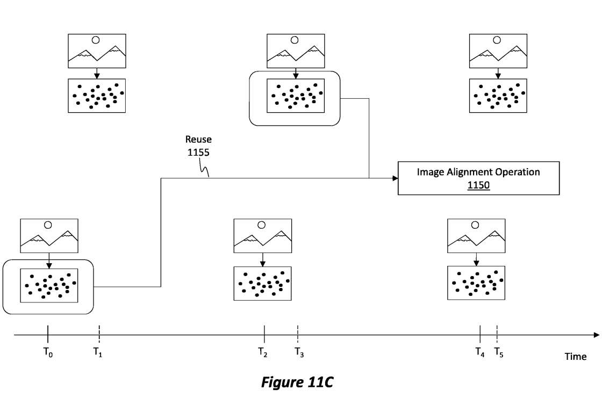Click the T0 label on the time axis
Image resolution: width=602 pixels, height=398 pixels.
(x=48, y=353)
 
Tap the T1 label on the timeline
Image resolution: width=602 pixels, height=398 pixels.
(x=98, y=352)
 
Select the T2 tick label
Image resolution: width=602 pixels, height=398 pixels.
(x=263, y=352)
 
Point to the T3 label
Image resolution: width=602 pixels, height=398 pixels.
(x=299, y=352)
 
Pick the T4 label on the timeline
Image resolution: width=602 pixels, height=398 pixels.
(x=479, y=352)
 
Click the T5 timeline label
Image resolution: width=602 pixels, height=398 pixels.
(x=499, y=353)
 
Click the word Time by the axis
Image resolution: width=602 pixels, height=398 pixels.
(x=575, y=357)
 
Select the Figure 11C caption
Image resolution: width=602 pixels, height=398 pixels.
(x=297, y=382)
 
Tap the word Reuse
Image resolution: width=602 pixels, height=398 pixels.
(x=198, y=140)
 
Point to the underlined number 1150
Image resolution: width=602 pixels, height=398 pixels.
(x=478, y=185)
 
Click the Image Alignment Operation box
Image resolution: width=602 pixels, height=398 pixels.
(x=478, y=178)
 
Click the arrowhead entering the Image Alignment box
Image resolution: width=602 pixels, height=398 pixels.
(x=395, y=178)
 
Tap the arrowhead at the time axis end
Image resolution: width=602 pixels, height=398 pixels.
(x=596, y=335)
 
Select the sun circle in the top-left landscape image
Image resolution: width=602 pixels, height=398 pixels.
(x=96, y=39)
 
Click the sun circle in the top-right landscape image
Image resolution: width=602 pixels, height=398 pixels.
(x=497, y=39)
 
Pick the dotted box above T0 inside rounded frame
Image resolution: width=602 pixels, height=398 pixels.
(x=49, y=285)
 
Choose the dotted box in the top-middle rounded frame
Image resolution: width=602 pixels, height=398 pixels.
(x=295, y=96)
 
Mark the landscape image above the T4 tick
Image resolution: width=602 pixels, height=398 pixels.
(x=476, y=235)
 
